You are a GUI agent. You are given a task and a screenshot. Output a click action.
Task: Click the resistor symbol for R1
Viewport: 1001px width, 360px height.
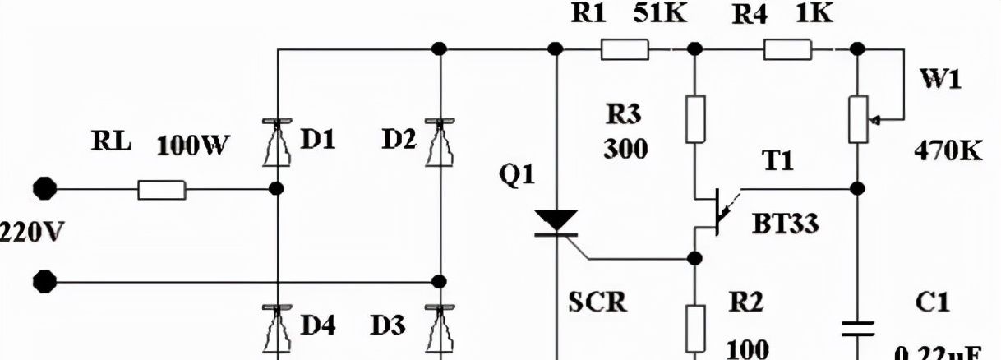(x=625, y=51)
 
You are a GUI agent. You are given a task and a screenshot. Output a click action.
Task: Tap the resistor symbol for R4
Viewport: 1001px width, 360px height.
(x=788, y=51)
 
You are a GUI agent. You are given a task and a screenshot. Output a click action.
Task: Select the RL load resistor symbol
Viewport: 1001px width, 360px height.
(x=162, y=191)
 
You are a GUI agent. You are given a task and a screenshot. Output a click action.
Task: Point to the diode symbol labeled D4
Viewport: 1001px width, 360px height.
(x=277, y=325)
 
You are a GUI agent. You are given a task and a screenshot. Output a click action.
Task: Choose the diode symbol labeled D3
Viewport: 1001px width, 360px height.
(x=440, y=325)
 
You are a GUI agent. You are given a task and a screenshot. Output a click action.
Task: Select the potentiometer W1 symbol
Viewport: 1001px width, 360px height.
(x=857, y=120)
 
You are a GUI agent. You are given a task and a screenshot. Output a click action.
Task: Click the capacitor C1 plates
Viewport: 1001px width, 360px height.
(x=857, y=330)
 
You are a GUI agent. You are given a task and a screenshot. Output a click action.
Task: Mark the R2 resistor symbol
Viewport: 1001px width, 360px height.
(x=695, y=325)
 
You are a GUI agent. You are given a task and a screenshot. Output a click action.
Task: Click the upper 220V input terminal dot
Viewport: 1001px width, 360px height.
(x=46, y=189)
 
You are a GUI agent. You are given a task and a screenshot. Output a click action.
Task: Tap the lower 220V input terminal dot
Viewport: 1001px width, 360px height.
(x=46, y=283)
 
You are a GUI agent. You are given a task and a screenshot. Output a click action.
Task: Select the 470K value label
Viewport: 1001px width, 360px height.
(x=948, y=152)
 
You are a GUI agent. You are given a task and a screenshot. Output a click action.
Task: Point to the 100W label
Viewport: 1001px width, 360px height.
(x=193, y=147)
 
